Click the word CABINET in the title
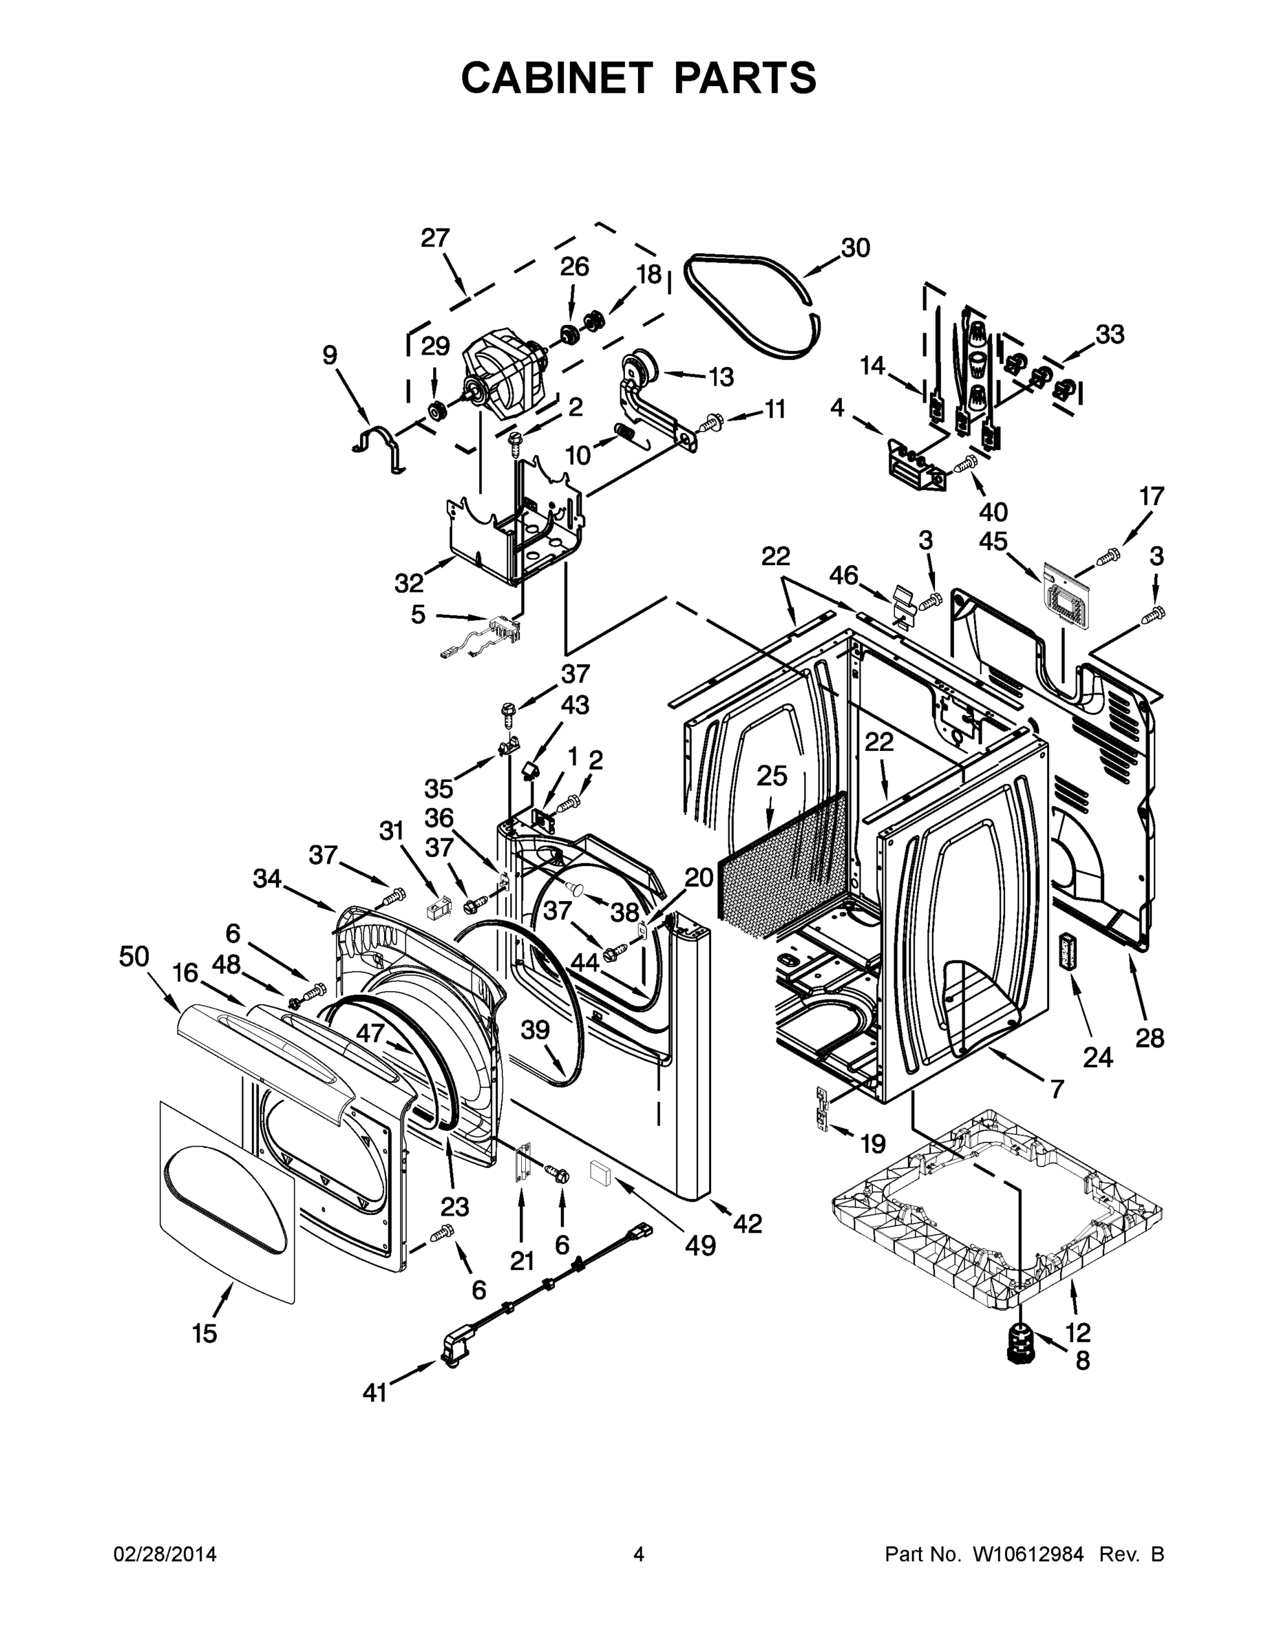556,77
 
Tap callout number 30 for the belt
855,248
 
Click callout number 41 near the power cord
374,1393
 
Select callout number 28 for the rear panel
1149,1037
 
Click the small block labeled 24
1068,949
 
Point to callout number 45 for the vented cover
993,541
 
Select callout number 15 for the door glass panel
204,1333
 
